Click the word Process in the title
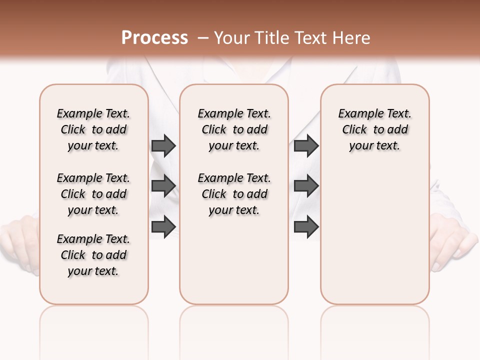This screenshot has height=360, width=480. pos(154,38)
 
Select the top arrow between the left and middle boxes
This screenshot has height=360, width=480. pos(163,145)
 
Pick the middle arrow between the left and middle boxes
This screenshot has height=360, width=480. pos(163,186)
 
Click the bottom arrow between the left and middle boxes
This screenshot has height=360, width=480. pos(163,226)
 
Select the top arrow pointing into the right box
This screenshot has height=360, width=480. pos(306,145)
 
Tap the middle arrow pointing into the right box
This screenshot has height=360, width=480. pos(306,186)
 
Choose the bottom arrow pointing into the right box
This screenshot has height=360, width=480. pos(306,226)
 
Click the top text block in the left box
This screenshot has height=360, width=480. pos(93,129)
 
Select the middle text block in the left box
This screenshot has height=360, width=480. pos(93,194)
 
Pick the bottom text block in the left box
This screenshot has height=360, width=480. pos(93,255)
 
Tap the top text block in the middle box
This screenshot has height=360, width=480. pos(234,129)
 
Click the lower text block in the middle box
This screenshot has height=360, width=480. pos(234,194)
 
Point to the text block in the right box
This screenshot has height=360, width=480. pos(374,129)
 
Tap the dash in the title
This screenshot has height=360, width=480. pos(203,38)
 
